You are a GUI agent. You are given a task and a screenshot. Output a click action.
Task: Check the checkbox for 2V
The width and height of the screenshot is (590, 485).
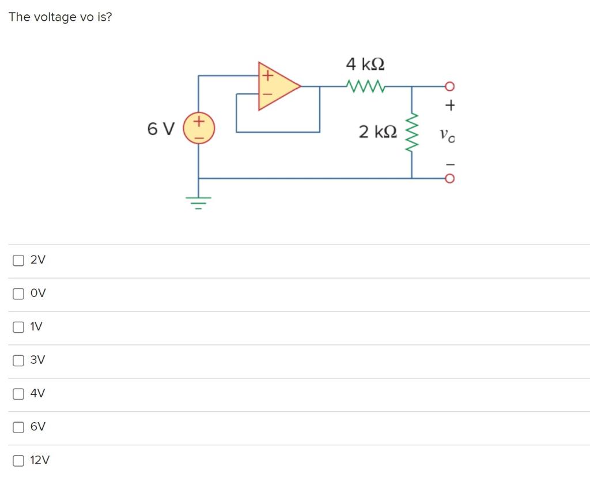point(18,261)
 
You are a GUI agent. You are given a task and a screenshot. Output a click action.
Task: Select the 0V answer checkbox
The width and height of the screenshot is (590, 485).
point(18,294)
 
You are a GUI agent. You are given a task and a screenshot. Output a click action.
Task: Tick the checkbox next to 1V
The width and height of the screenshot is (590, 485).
point(18,328)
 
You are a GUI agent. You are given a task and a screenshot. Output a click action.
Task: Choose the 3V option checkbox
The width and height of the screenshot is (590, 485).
point(18,361)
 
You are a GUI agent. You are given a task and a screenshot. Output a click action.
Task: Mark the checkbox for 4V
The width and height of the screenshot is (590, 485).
point(18,394)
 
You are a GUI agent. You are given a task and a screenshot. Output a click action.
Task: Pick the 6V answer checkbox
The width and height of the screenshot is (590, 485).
point(18,428)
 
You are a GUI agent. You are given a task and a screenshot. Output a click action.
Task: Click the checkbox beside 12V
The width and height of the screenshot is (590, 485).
point(18,461)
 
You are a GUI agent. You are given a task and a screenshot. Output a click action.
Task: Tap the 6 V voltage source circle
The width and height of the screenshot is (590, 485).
point(199,128)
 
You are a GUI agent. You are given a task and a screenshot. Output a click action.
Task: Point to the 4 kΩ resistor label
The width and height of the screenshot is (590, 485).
point(365,63)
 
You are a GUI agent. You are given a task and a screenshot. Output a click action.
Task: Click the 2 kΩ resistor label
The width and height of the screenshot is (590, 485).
point(378,131)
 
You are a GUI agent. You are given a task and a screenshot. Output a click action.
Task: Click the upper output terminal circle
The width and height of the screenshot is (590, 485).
point(450,87)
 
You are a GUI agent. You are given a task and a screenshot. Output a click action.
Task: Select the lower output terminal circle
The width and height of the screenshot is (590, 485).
point(450,178)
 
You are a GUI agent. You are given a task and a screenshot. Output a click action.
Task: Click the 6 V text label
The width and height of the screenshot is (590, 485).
point(160,129)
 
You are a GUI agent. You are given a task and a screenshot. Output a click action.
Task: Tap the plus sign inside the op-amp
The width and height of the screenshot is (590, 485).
point(267,75)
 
